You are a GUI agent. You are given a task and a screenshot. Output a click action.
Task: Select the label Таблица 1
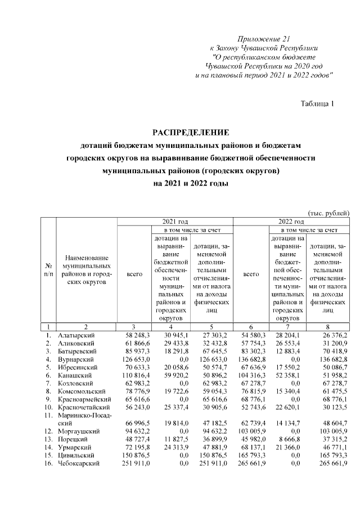pos(318,103)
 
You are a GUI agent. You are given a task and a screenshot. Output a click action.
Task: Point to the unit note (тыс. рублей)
pos(328,213)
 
